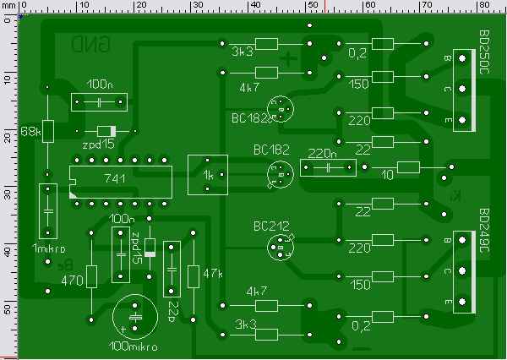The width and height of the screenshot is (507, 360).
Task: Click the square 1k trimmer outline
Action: click(x=207, y=176)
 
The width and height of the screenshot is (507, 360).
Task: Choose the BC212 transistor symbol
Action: click(x=280, y=247)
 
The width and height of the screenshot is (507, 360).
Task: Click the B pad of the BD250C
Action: click(x=461, y=58)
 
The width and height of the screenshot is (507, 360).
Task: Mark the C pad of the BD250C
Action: click(x=461, y=90)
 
